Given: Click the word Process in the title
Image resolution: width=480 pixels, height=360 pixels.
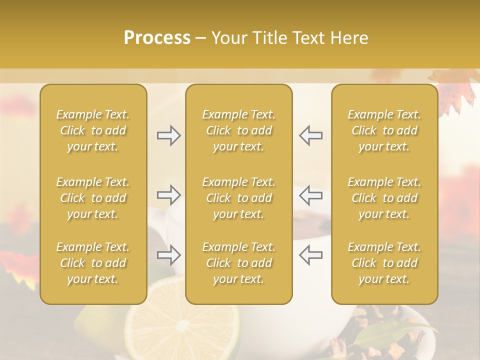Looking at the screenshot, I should (157, 38).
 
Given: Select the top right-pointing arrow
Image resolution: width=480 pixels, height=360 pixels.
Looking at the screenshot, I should (168, 135).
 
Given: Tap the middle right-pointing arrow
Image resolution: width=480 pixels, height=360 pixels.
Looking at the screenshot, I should (168, 195).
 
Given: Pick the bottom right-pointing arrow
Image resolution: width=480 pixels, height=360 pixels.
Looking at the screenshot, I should (168, 254).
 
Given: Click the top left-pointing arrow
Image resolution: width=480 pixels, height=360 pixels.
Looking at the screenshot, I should (310, 135).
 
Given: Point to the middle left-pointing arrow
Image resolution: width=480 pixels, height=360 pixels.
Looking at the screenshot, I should (310, 195).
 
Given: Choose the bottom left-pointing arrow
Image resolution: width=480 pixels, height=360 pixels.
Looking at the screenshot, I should (310, 254).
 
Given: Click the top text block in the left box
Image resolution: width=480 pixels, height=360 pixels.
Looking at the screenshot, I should (93, 130).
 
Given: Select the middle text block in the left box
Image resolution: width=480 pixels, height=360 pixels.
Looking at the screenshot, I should (93, 198).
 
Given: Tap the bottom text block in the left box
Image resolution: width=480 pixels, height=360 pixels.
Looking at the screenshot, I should (93, 263).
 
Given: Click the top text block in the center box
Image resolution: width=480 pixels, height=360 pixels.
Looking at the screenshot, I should (239, 130).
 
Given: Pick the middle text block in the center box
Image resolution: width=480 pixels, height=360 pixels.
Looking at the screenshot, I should (239, 198).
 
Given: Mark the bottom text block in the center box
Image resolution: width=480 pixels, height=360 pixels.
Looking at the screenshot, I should (239, 263).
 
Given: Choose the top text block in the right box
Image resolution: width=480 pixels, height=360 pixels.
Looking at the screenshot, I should (384, 130).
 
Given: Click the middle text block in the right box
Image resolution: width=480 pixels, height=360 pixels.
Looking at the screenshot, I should (384, 198).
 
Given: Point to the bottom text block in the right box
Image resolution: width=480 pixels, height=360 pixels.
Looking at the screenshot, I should (384, 263).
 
